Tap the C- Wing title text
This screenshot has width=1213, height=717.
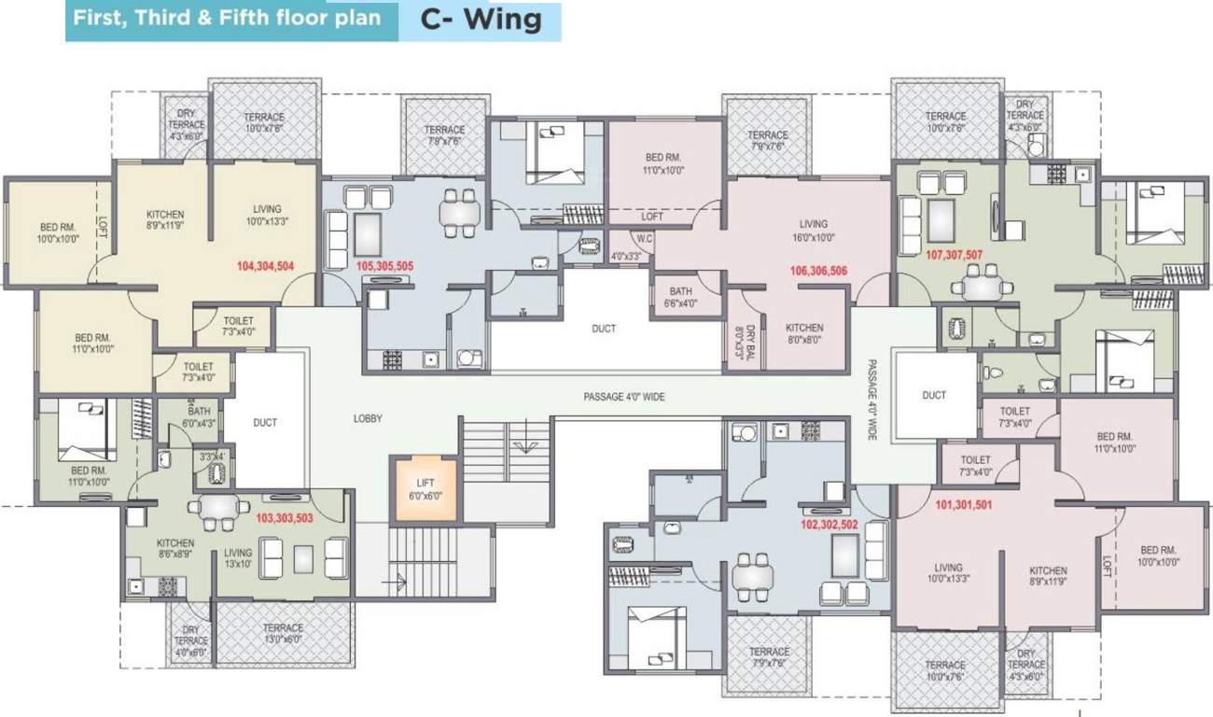pyautogui.click(x=481, y=21)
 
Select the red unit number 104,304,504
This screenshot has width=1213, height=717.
pyautogui.click(x=265, y=266)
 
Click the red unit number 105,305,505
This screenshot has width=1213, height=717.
pyautogui.click(x=384, y=266)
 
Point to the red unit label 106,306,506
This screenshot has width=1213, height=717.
pyautogui.click(x=817, y=271)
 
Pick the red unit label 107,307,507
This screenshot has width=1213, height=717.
pyautogui.click(x=954, y=254)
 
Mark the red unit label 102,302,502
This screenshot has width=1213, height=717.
pyautogui.click(x=830, y=525)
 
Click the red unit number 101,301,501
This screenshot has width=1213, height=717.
pyautogui.click(x=963, y=506)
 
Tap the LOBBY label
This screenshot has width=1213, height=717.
pyautogui.click(x=368, y=419)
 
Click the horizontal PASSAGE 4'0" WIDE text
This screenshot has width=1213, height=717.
pyautogui.click(x=624, y=397)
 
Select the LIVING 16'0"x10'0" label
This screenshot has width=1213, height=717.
pyautogui.click(x=813, y=231)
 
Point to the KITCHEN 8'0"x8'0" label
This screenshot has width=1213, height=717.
pyautogui.click(x=803, y=334)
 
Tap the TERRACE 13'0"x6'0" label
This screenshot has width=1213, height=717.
pyautogui.click(x=283, y=634)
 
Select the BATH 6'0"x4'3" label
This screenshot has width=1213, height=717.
pyautogui.click(x=200, y=416)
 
